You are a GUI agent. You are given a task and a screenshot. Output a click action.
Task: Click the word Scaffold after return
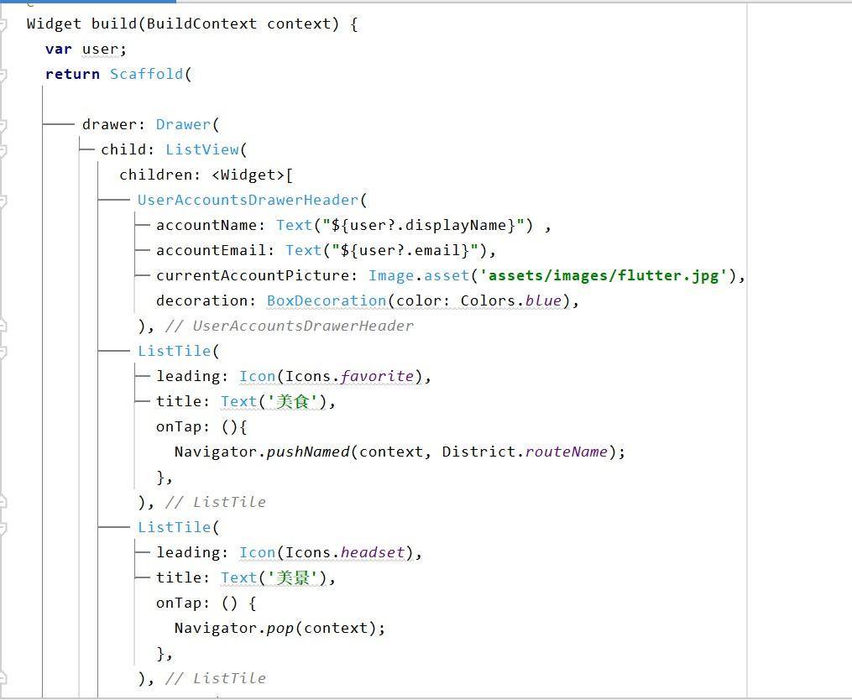(147, 74)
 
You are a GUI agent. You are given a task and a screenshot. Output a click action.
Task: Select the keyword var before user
(59, 49)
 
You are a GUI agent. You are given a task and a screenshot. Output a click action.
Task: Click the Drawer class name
(183, 124)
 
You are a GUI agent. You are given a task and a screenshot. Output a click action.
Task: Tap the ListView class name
(202, 149)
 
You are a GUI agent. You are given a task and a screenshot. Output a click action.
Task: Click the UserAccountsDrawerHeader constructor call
(248, 200)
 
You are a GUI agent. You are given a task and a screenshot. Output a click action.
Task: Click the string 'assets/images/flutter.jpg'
(604, 275)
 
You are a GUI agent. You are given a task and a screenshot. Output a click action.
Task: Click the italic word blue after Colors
(543, 300)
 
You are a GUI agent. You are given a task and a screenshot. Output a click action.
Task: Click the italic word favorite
(377, 376)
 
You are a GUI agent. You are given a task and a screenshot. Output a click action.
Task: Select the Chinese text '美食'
(295, 401)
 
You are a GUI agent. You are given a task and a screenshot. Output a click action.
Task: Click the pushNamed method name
(308, 452)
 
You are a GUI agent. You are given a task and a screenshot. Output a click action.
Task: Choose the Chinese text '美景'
(295, 577)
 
